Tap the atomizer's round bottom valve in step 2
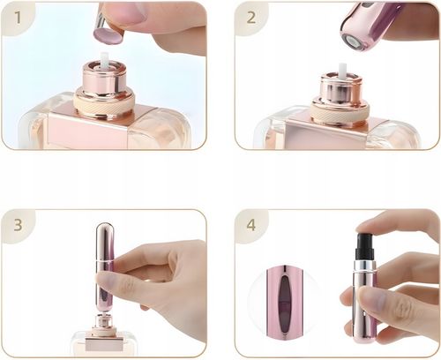[352, 40]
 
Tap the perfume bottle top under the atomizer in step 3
[103, 334]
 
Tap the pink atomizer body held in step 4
[363, 304]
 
